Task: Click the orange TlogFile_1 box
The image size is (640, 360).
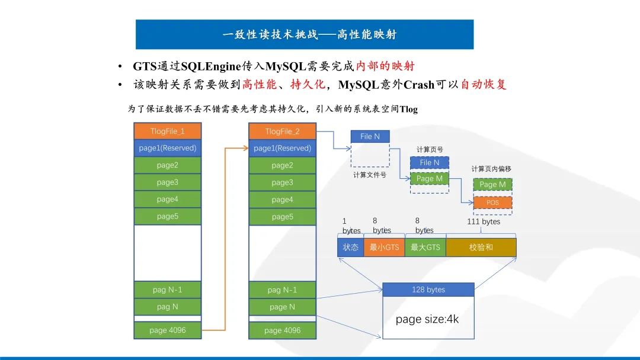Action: [168, 131]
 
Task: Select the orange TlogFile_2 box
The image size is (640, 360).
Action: [282, 131]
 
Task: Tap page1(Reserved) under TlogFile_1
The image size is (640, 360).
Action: [168, 148]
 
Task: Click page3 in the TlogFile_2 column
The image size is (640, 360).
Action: [282, 182]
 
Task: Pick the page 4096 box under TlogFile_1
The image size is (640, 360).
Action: [168, 330]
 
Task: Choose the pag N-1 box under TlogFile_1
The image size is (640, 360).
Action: [168, 290]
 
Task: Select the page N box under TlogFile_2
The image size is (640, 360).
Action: [282, 307]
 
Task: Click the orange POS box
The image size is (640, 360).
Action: [492, 202]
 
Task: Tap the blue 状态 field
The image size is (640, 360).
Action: [350, 247]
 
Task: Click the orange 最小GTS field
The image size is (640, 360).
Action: [384, 247]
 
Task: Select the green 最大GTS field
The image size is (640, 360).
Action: [425, 247]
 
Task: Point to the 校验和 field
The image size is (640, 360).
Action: [481, 247]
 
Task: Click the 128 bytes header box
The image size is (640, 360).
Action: [428, 290]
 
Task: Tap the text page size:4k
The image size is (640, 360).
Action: [427, 319]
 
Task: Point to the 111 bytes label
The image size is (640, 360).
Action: [483, 221]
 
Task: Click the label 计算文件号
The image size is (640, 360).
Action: [370, 175]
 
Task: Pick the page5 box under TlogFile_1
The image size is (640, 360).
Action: [168, 217]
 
